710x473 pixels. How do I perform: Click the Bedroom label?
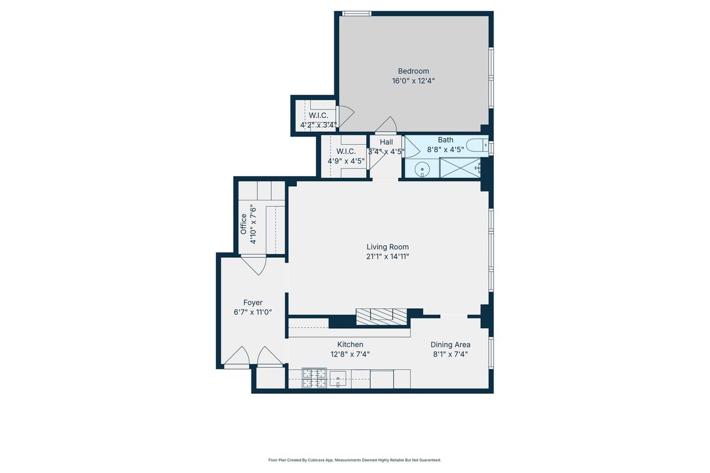[x=414, y=71]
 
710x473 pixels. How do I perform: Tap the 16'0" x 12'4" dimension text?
[x=414, y=81]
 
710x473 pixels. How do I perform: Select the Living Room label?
[x=388, y=247]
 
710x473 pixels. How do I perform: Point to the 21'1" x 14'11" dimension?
[x=388, y=256]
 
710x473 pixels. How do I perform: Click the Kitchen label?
[x=350, y=344]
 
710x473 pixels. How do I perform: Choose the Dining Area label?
[x=450, y=345]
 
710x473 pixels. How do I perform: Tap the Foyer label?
[x=253, y=303]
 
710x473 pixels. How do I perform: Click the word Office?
[x=243, y=224]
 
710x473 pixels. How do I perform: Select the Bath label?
[x=446, y=140]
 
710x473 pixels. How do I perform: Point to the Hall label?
[x=386, y=142]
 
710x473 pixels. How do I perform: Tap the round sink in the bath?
[x=422, y=169]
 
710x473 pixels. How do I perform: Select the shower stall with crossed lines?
[x=460, y=168]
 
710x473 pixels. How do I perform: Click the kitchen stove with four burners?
[x=314, y=378]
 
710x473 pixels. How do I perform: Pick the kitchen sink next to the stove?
[x=338, y=379]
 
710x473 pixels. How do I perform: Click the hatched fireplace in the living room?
[x=381, y=316]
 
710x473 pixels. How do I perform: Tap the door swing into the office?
[x=254, y=264]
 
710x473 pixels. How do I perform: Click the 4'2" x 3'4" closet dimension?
[x=318, y=125]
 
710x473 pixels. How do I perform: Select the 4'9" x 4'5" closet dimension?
[x=346, y=161]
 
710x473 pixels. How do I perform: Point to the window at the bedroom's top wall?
[x=357, y=14]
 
